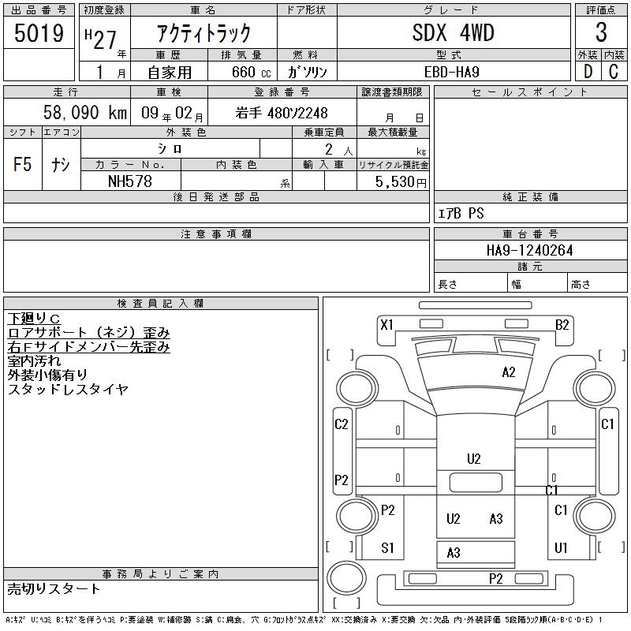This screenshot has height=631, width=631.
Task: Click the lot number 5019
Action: [39, 32]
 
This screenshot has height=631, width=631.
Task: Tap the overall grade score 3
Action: [601, 32]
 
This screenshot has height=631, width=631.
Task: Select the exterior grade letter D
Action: [588, 72]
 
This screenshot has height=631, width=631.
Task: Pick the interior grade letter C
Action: [614, 72]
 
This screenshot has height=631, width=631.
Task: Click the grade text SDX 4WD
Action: [453, 32]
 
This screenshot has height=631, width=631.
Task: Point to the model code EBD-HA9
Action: [451, 72]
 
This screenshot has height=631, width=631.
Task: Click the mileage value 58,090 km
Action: [85, 112]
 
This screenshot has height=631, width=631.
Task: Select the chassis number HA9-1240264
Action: [529, 250]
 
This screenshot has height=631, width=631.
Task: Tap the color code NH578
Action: [130, 181]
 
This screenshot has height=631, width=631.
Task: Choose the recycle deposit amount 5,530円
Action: [401, 182]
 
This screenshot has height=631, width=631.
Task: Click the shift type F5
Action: [22, 164]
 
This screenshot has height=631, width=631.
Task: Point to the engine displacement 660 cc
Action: [251, 72]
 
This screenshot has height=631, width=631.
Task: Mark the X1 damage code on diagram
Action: [386, 324]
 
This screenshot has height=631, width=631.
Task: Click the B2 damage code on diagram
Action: [562, 324]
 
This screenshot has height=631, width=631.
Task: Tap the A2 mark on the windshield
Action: [509, 372]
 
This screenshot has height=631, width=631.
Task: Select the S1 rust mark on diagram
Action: [387, 547]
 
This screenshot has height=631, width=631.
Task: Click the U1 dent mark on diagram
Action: [561, 547]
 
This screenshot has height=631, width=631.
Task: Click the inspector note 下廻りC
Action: [34, 319]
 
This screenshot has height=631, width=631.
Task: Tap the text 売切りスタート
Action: [54, 589]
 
